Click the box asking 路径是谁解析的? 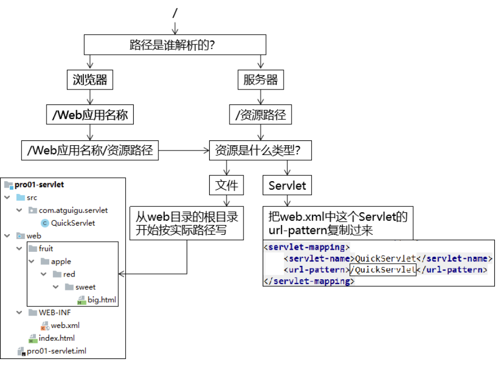click(174, 45)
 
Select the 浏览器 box click(90, 80)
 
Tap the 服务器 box click(261, 80)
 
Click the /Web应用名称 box click(90, 115)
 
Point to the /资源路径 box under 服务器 click(261, 115)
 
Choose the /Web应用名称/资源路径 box click(90, 151)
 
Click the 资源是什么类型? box click(261, 151)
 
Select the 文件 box click(226, 186)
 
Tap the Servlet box click(287, 186)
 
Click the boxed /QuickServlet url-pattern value click(382, 270)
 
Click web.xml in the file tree click(65, 325)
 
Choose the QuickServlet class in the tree click(73, 223)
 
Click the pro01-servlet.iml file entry click(56, 351)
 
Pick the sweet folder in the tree click(86, 287)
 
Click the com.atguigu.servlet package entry click(73, 210)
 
